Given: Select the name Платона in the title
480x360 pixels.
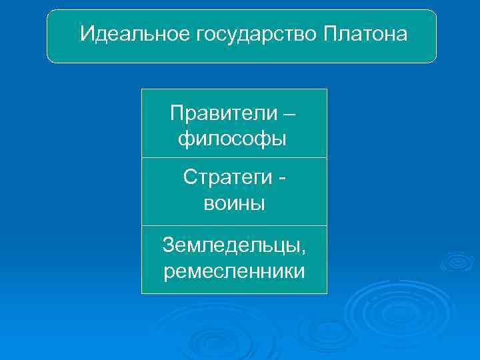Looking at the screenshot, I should click(365, 33).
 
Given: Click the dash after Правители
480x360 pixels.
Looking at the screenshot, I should click(289, 113).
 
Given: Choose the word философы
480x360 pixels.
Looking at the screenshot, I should click(233, 139).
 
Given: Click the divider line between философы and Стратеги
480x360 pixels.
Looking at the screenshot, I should click(234, 158).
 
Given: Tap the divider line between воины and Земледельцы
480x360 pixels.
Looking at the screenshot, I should click(234, 225).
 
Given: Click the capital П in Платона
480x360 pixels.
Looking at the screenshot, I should click(330, 33).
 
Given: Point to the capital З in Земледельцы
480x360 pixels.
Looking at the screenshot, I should click(169, 246).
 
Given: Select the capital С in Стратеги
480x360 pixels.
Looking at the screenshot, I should click(189, 178).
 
